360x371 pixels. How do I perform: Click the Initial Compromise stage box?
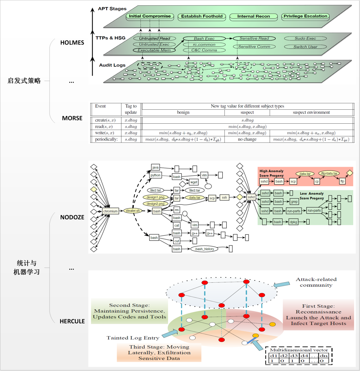tap(150, 16)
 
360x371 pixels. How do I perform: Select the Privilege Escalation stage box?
tap(306, 16)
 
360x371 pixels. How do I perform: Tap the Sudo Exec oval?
tap(305, 39)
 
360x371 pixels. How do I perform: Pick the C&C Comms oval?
tap(204, 50)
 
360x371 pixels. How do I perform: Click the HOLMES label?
tap(72, 43)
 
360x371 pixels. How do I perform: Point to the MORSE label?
tap(72, 118)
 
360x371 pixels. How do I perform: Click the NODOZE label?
tap(72, 217)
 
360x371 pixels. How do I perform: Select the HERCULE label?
tap(72, 321)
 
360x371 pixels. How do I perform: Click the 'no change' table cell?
tap(247, 140)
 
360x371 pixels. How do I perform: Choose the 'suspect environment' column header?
tap(311, 113)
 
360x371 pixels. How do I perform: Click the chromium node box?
tap(111, 211)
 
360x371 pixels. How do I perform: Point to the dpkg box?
tap(293, 222)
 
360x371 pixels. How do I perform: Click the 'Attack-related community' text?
tap(316, 282)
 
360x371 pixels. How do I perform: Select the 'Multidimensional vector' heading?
tap(299, 350)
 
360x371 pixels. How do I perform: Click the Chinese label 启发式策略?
tap(24, 81)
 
